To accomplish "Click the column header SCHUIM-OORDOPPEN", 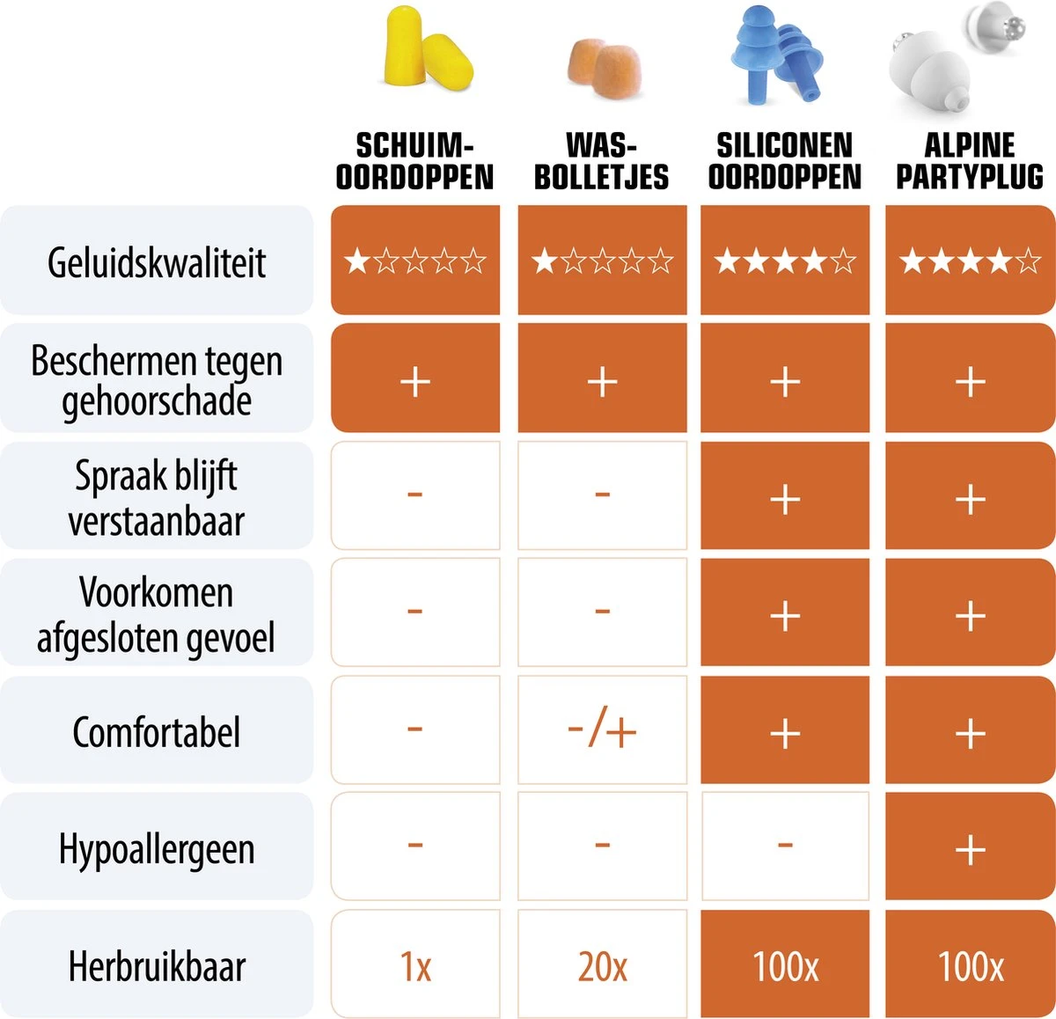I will (414, 161).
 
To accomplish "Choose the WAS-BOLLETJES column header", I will (602, 161).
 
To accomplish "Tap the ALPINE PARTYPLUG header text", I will (970, 161).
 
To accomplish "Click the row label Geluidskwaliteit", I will (157, 262).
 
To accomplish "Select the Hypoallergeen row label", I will (157, 849).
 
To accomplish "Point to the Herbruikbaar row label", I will (157, 966).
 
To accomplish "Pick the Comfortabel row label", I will (157, 732).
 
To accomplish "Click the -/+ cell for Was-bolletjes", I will (602, 730).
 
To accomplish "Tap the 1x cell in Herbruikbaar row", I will (415, 966).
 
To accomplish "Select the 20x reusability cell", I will (602, 966).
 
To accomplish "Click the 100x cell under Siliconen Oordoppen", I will (785, 966).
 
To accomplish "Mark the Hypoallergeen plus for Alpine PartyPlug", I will (970, 849).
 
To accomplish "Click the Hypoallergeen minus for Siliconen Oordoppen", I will (785, 847).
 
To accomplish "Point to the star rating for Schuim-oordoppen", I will (415, 260).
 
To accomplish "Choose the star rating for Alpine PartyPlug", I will (970, 260).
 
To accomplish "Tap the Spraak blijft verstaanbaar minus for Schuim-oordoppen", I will (415, 494).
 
